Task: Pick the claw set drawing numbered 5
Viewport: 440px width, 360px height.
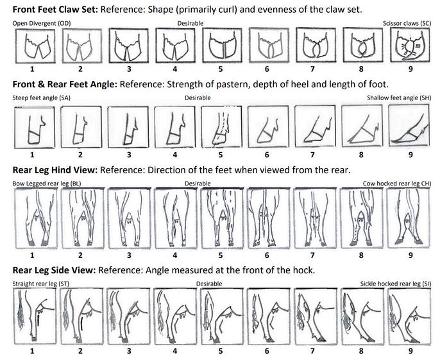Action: pyautogui.click(x=221, y=46)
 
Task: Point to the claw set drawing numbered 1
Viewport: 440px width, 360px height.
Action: pyautogui.click(x=32, y=46)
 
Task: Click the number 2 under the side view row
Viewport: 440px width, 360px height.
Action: pyautogui.click(x=80, y=351)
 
